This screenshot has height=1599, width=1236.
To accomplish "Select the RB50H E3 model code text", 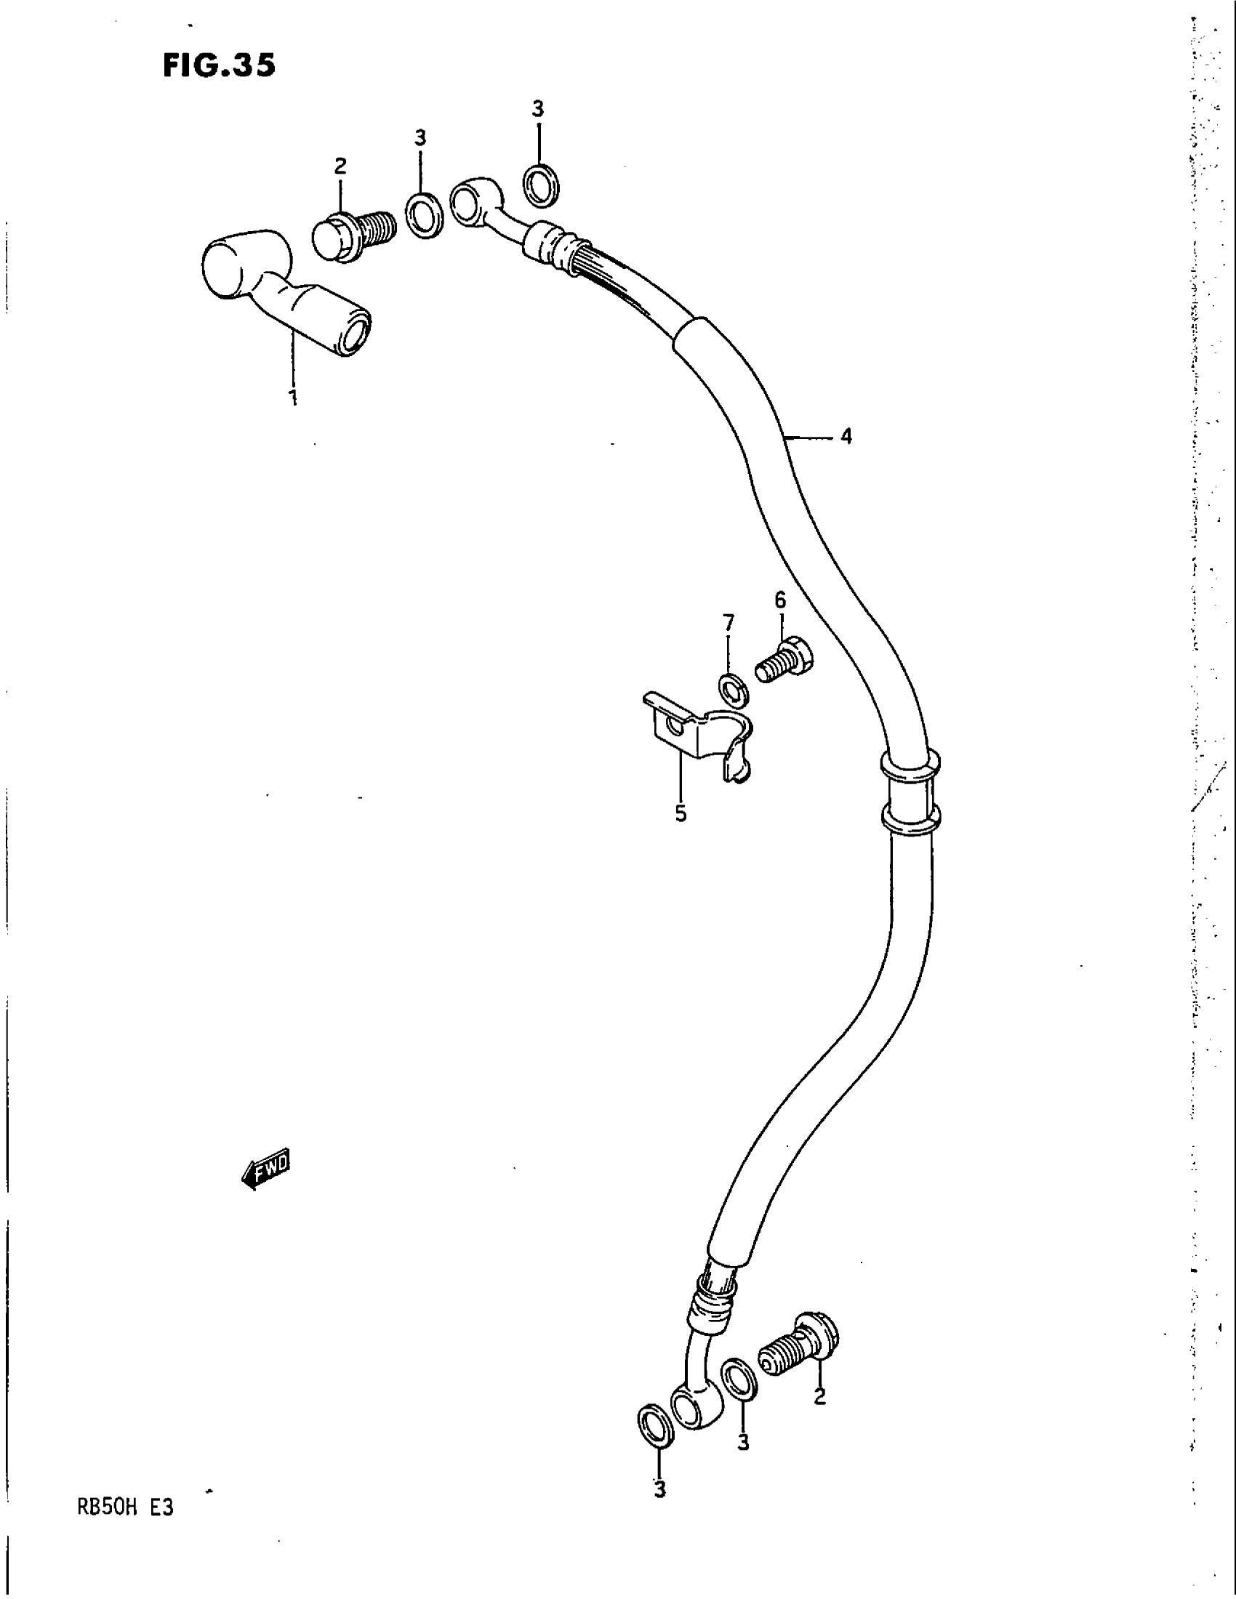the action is (x=124, y=1510).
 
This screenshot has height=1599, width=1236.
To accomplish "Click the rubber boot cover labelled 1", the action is (x=282, y=289).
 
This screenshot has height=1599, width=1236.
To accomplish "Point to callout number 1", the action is (x=293, y=398).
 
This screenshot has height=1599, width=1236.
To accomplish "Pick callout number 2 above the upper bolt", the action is (x=340, y=167).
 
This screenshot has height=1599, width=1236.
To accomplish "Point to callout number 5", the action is (x=681, y=813).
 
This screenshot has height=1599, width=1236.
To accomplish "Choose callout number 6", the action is (x=781, y=600).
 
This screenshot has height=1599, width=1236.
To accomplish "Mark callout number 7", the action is (x=728, y=624).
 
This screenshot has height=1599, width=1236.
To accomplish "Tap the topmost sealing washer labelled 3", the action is (x=542, y=185).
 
